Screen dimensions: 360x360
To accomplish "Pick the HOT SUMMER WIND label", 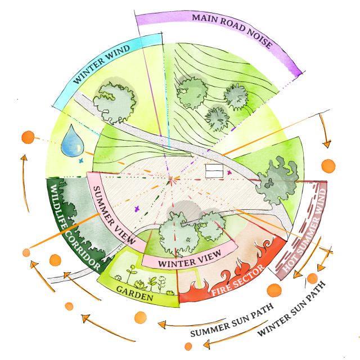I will (x=304, y=231).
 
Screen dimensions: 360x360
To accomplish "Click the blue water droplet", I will (x=72, y=141).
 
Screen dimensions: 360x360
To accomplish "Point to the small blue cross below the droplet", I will (x=81, y=161).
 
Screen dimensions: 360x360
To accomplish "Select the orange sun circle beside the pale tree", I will (x=328, y=166).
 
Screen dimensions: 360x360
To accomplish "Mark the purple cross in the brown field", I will (x=137, y=209).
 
